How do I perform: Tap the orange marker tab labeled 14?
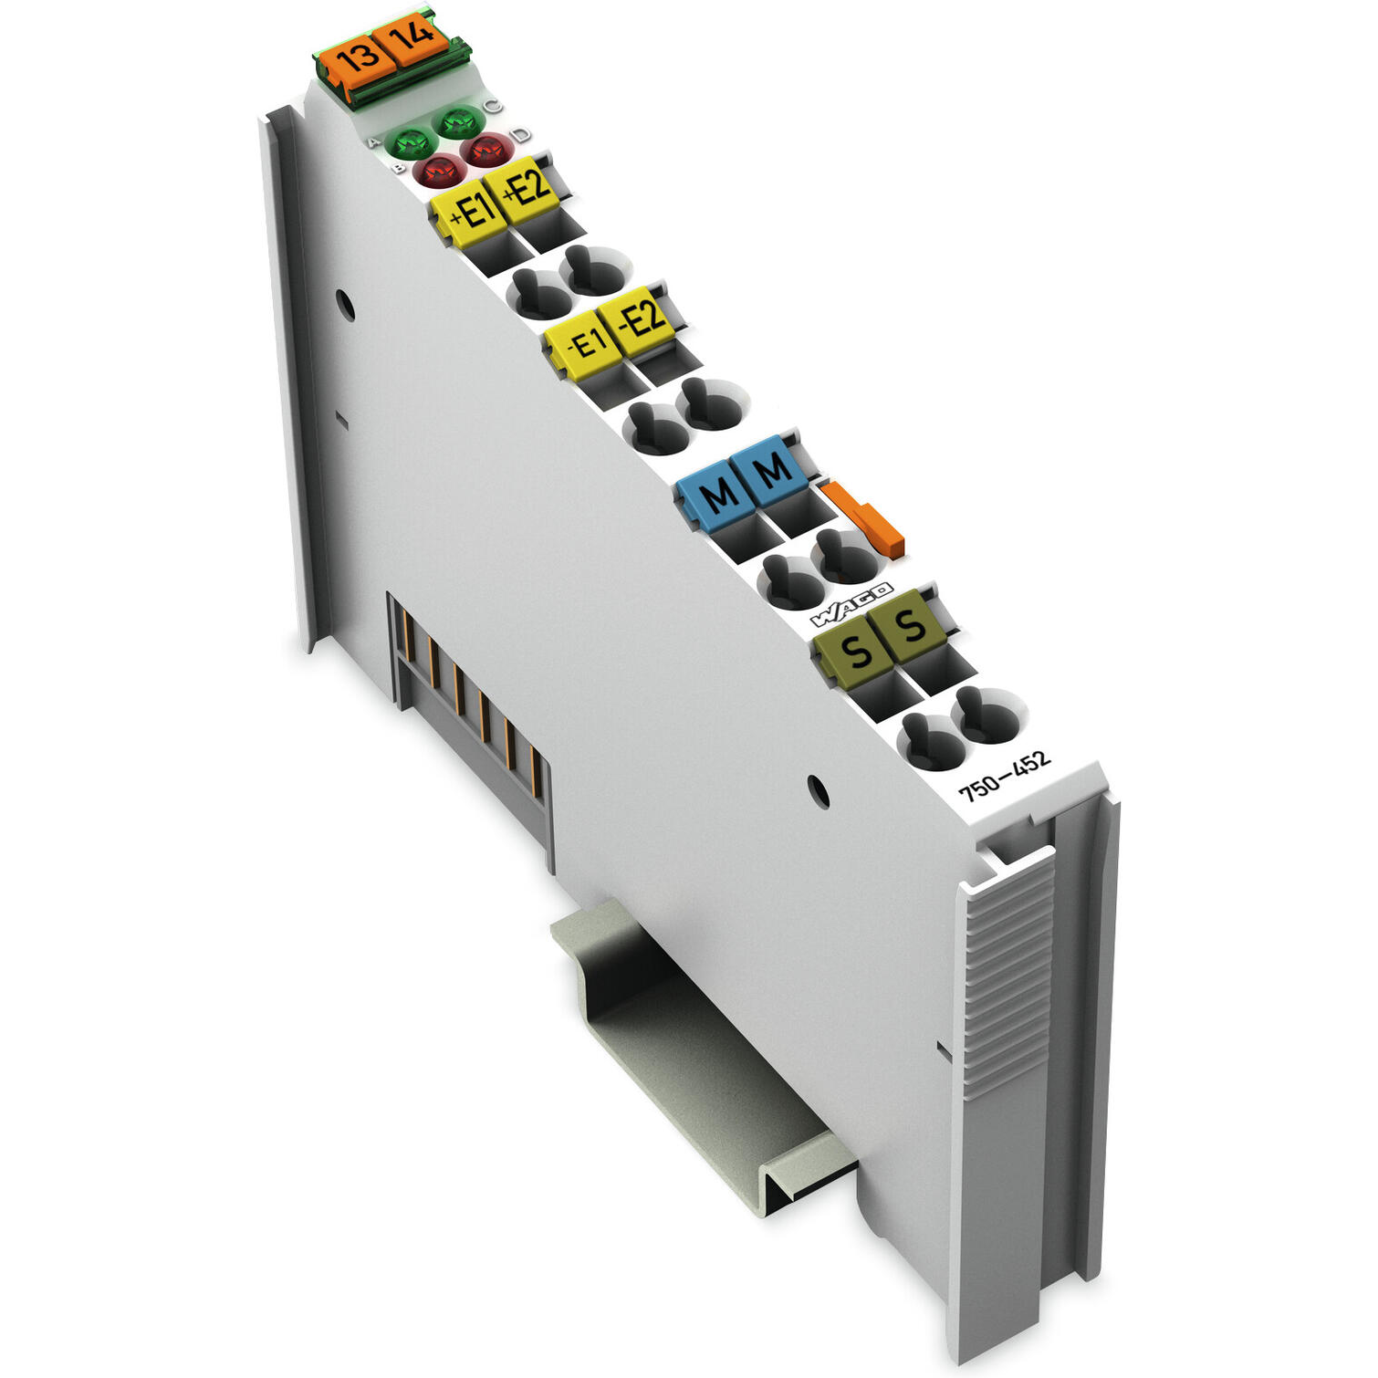click(x=412, y=37)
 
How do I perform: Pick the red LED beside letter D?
click(x=486, y=149)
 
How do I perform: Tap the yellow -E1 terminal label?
click(x=582, y=342)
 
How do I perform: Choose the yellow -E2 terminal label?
click(x=641, y=318)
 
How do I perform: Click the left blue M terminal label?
click(x=716, y=494)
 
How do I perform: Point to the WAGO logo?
click(x=851, y=604)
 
